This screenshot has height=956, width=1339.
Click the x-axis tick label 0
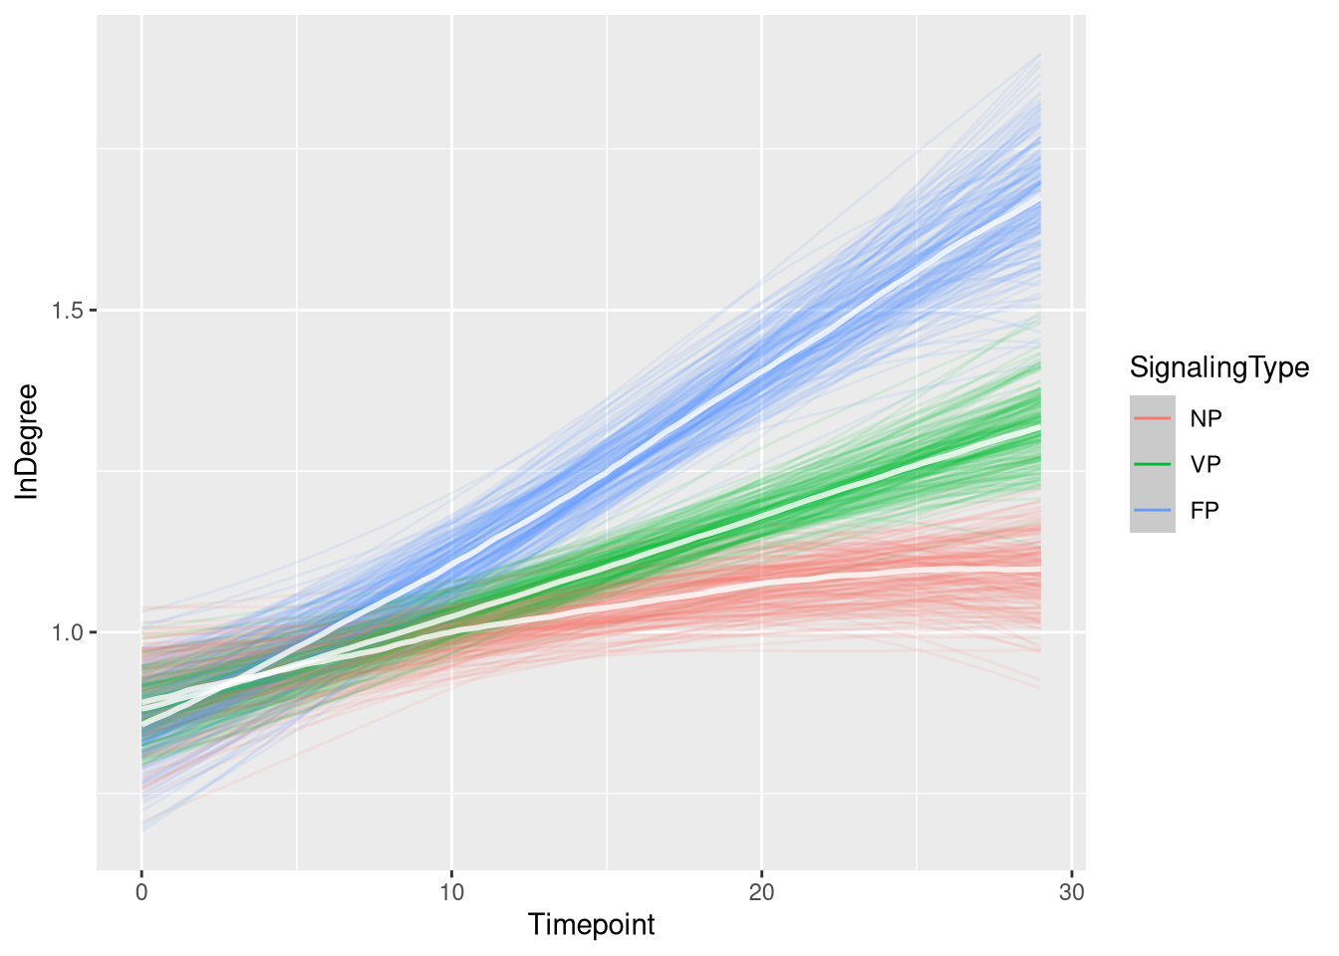point(141,892)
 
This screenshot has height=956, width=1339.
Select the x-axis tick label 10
point(451,892)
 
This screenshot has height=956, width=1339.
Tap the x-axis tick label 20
point(761,892)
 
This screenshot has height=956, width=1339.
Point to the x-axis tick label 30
point(1071,892)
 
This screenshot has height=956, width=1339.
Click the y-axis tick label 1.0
point(68,632)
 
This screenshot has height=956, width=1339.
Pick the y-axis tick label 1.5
point(68,311)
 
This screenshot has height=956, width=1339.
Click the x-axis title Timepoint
point(592,925)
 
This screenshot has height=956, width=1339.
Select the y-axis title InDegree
point(27,441)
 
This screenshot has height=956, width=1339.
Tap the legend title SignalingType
point(1218,368)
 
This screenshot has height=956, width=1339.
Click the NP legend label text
point(1205,418)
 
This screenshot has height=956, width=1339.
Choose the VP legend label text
point(1205,464)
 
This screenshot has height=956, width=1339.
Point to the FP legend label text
point(1205,510)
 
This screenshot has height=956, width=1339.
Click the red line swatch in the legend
point(1153,418)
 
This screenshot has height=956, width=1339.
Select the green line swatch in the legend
point(1153,464)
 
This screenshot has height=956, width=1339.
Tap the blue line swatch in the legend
point(1153,510)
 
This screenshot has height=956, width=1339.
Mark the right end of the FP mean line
point(1039,198)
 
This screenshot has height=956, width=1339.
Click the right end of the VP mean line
point(1039,427)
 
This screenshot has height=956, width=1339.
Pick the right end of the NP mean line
point(1039,568)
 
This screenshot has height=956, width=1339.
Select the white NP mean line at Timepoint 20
point(761,581)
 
